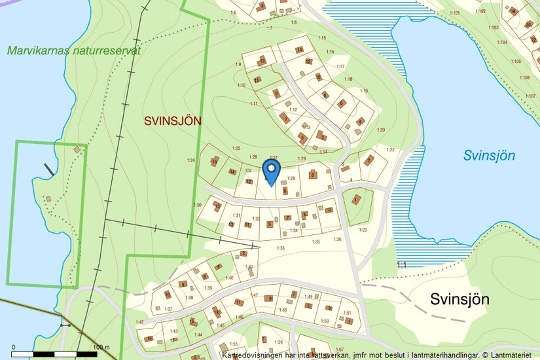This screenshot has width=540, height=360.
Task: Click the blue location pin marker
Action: tap(271, 171)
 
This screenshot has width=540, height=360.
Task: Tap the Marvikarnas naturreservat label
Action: tap(74, 50)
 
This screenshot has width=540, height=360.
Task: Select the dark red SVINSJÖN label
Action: tap(173, 120)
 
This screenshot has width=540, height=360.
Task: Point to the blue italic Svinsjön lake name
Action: tap(489, 156)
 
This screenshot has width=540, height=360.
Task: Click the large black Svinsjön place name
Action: tap(460, 299)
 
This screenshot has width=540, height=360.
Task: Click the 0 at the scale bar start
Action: tap(14, 347)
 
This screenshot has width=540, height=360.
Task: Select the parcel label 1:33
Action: tap(281, 248)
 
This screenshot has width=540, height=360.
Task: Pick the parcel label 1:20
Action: tap(381, 130)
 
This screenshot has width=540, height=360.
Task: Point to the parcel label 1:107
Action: tap(530, 96)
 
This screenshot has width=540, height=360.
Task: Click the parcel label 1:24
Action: tap(191, 160)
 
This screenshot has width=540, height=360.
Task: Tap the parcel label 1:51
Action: tap(348, 313)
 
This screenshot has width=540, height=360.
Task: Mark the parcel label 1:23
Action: tap(363, 230)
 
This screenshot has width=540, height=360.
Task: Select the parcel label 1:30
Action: tap(198, 206)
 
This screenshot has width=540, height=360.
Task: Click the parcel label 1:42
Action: tap(139, 322)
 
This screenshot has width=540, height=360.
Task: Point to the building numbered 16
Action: tap(214, 161)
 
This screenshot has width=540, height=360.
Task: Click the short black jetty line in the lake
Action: tap(49, 170)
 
